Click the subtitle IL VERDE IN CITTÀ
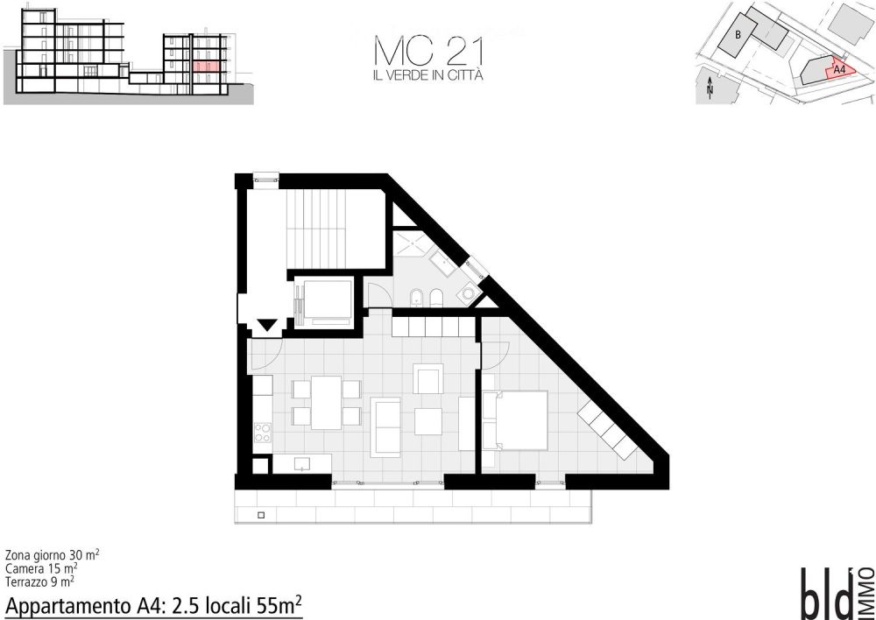coord(428,75)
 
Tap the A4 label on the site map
coord(839,70)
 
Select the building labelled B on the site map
coord(738,35)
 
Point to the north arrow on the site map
coord(710,88)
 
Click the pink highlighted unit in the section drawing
coord(206,67)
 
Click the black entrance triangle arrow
coord(267,325)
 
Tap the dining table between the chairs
coord(326,403)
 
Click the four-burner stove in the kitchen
coord(263,432)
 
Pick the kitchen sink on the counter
coord(302,463)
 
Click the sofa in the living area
coord(386,426)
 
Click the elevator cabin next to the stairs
coord(324,302)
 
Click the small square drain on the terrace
coord(261,515)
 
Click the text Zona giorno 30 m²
coord(53,555)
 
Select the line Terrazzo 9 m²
coord(39,582)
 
